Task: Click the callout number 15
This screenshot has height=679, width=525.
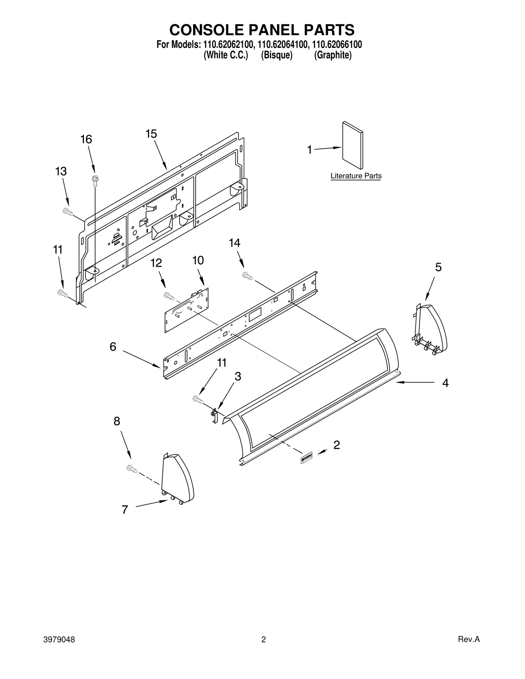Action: (151, 134)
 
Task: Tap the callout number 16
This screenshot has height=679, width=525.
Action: (86, 140)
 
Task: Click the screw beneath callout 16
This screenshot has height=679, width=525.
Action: (95, 180)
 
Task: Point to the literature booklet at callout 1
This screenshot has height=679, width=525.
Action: (353, 145)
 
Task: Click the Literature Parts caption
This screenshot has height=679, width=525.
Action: (356, 176)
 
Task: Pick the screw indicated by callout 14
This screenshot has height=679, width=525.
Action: (248, 276)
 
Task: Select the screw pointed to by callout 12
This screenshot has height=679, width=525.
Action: (169, 296)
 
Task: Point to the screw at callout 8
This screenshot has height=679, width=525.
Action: (132, 469)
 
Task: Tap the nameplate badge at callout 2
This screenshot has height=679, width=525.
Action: (306, 458)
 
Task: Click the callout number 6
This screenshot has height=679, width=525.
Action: (113, 347)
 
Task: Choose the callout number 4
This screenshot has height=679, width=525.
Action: (445, 383)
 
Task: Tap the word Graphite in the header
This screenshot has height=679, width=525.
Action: (333, 55)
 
